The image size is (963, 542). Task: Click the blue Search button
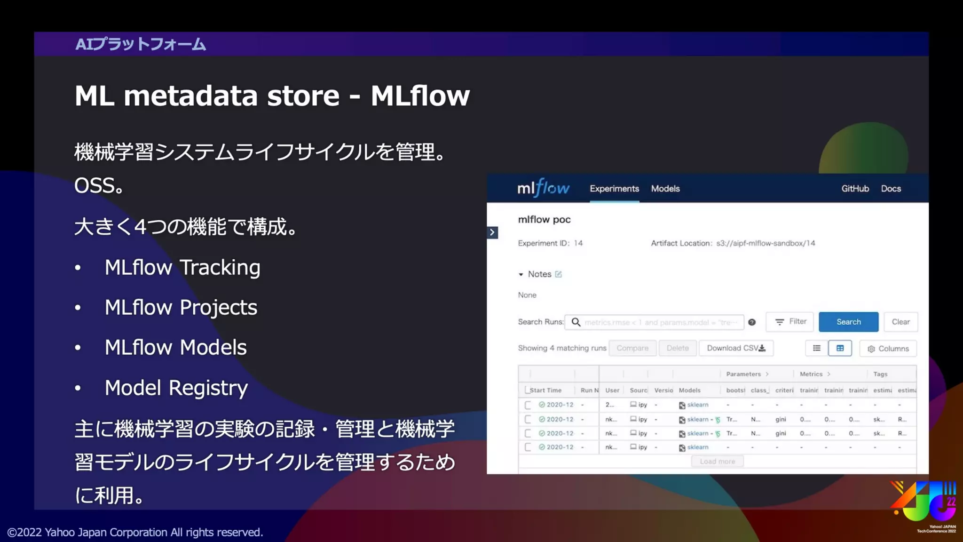[x=848, y=322]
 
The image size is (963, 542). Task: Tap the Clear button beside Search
[x=900, y=322]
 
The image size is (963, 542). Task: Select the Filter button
[x=790, y=322]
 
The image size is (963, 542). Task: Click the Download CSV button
[x=736, y=348]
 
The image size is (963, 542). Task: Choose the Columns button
[x=888, y=349]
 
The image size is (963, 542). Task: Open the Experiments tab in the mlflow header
[x=614, y=189]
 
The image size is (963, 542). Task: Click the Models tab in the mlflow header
[x=665, y=189]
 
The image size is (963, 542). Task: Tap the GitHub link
[x=855, y=189]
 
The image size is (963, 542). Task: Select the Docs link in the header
[x=891, y=189]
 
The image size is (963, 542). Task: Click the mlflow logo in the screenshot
[x=543, y=188]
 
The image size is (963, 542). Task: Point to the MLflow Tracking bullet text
[x=182, y=267]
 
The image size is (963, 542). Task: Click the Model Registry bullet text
[x=176, y=388]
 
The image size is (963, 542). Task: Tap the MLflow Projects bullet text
[x=181, y=307]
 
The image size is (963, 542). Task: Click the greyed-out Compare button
[x=632, y=348]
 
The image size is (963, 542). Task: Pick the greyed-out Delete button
[x=678, y=348]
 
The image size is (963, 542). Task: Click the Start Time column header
[x=545, y=390]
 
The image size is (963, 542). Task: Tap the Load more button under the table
[x=717, y=462]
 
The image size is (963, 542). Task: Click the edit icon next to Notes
[x=558, y=274]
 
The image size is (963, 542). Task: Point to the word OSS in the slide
[x=95, y=185]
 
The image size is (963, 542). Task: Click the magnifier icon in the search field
[x=576, y=322]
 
